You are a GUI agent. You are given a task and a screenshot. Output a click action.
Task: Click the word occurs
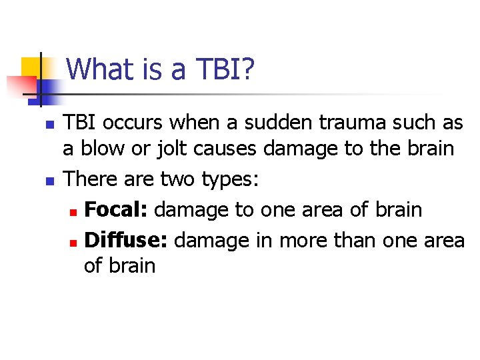point(139,123)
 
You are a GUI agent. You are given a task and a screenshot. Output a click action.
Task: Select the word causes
point(226,148)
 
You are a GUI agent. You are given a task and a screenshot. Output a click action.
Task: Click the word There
point(93,179)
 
